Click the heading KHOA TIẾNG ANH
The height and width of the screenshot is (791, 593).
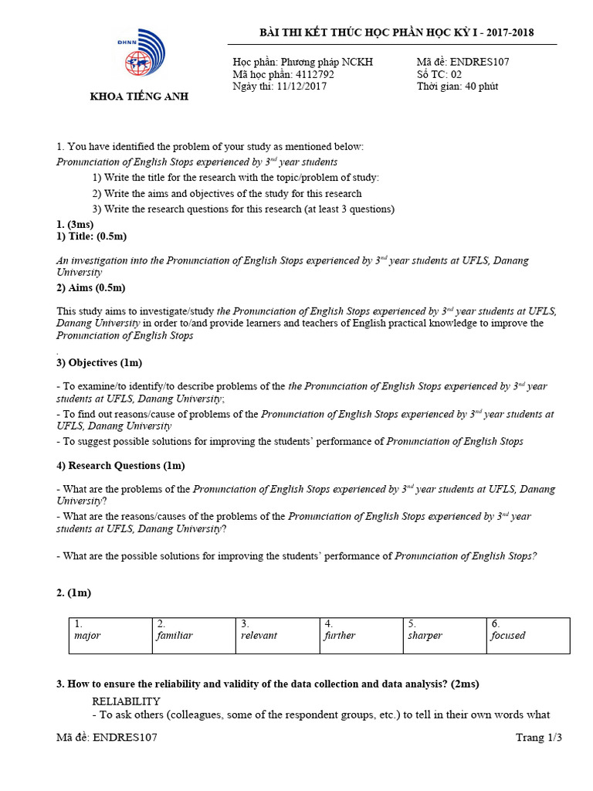click(x=139, y=97)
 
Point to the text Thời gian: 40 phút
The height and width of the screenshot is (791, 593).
click(x=457, y=87)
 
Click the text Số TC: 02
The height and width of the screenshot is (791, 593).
click(x=439, y=74)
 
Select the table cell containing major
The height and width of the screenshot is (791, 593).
click(x=110, y=635)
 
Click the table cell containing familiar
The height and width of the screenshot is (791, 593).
click(x=194, y=635)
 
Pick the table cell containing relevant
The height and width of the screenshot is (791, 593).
click(x=277, y=635)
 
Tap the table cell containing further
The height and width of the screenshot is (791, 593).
click(x=361, y=635)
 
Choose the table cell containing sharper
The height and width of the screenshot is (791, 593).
click(x=444, y=635)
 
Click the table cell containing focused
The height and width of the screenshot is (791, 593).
click(x=528, y=635)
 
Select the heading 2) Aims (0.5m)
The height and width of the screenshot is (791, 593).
click(x=90, y=288)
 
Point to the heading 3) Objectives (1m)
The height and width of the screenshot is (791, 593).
click(x=99, y=362)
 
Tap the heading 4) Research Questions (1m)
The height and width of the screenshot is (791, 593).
click(x=120, y=466)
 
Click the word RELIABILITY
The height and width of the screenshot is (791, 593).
click(x=126, y=701)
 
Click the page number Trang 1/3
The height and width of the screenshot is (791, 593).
click(x=539, y=738)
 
